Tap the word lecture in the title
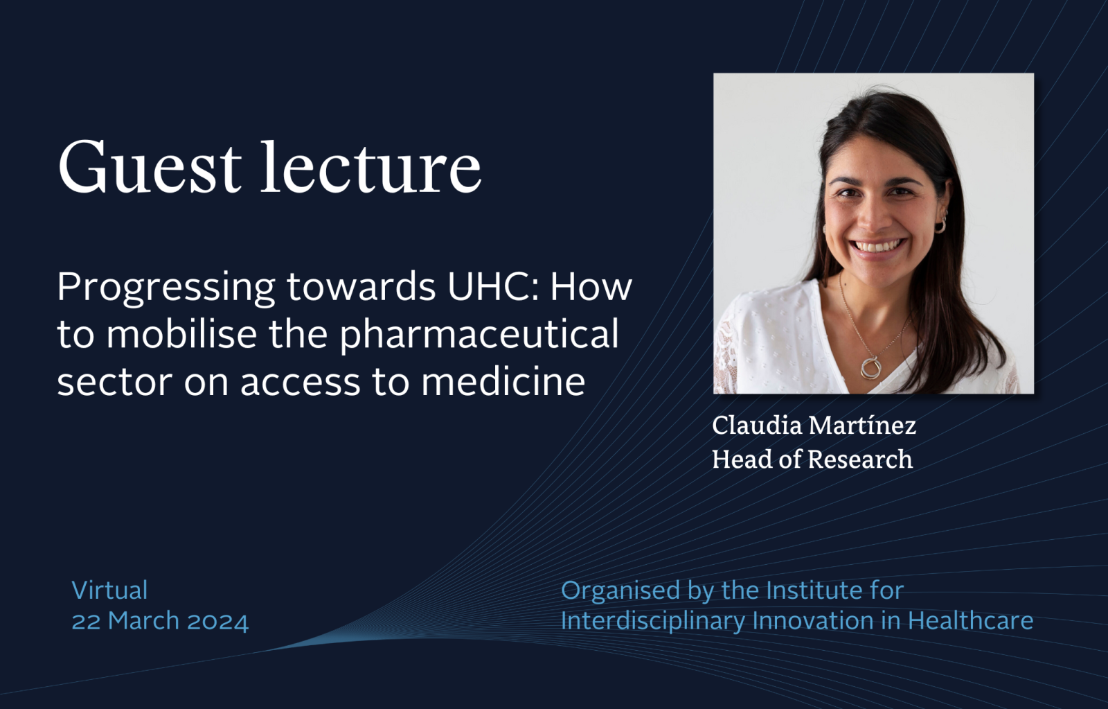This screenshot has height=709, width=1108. pos(371,167)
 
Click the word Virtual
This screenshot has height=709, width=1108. pos(110,590)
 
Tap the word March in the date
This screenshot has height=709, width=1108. pos(143,621)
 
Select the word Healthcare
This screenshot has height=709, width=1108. pos(970,621)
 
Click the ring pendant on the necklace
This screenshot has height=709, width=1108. pos(870,367)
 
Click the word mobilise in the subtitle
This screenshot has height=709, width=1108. pos(181,333)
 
